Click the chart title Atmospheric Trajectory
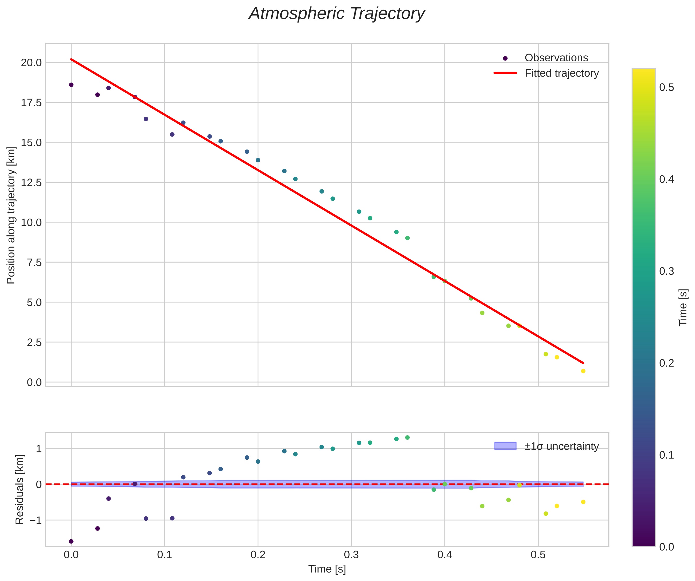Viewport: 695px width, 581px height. click(x=337, y=14)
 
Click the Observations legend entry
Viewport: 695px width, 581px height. click(x=556, y=58)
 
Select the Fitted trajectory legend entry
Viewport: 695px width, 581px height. click(x=561, y=73)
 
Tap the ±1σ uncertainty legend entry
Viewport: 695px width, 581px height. click(x=561, y=446)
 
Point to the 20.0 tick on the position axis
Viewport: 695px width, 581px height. click(x=31, y=63)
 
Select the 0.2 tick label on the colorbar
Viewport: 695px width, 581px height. click(x=667, y=363)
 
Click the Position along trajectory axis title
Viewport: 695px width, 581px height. click(x=11, y=215)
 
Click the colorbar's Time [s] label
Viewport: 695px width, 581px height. click(x=683, y=308)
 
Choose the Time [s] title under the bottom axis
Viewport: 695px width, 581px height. click(x=327, y=569)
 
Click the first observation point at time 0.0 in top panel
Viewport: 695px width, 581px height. click(x=71, y=85)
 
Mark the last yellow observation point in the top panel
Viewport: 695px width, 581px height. click(x=583, y=371)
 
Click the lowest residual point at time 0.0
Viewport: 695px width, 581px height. click(x=71, y=541)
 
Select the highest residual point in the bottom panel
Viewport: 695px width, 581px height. click(x=407, y=437)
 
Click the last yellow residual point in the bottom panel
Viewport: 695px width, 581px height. click(x=583, y=502)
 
